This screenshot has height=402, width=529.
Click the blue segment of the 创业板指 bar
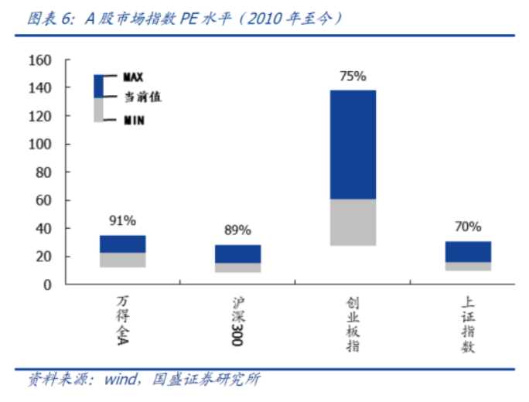(x=353, y=145)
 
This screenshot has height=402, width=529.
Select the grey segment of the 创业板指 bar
(x=353, y=223)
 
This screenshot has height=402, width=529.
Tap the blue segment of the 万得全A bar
(x=122, y=244)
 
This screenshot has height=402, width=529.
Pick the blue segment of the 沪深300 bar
(x=237, y=254)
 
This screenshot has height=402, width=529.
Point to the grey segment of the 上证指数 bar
(x=468, y=266)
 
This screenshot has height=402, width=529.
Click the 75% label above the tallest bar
(x=353, y=77)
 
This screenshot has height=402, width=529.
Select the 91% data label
(x=122, y=221)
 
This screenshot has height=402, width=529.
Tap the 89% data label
(x=237, y=230)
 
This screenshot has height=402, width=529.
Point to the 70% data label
(x=468, y=227)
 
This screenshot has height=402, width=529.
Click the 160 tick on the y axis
(x=39, y=61)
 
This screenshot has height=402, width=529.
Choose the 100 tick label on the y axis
(x=39, y=145)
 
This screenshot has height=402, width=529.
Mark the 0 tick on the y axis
(x=48, y=284)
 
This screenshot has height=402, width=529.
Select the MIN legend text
(x=134, y=120)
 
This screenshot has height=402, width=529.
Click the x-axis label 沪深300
(x=237, y=319)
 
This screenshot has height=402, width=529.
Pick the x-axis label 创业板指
(x=353, y=325)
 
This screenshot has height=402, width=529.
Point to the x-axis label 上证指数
(x=468, y=325)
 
